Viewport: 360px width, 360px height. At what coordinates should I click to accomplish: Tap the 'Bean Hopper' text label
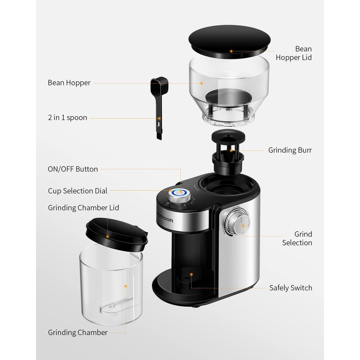(69, 83)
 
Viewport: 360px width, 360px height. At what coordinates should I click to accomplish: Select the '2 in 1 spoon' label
(67, 118)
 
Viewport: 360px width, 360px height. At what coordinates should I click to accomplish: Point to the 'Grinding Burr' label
(290, 150)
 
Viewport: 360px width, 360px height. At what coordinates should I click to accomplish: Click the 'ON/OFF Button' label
(72, 169)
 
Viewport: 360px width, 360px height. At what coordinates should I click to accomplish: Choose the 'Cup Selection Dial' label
(77, 191)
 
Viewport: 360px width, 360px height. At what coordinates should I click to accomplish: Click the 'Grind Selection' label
(297, 238)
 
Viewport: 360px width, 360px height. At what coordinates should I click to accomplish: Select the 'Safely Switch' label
(291, 288)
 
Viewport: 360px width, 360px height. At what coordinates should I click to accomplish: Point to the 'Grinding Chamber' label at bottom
(77, 333)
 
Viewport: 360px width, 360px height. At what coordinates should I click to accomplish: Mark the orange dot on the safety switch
(191, 273)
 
